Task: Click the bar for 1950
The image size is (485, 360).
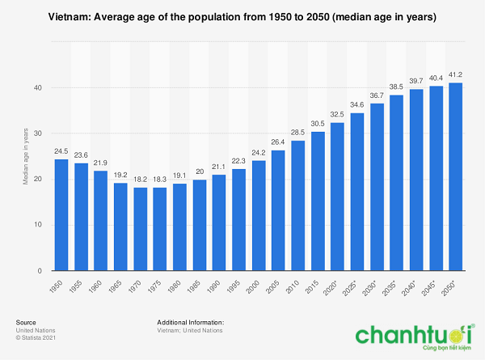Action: tap(61, 215)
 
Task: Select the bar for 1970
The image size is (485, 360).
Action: tap(141, 229)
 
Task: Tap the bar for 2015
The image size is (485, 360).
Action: tap(318, 201)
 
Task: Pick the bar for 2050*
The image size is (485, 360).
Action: tap(456, 176)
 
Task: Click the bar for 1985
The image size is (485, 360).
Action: tap(200, 225)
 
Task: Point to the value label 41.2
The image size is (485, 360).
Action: tap(455, 74)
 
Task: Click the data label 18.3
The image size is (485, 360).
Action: tap(160, 180)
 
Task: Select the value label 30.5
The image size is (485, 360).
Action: tap(318, 124)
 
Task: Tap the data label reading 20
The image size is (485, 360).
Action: tap(200, 172)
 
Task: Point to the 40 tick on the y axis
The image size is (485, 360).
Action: tap(38, 88)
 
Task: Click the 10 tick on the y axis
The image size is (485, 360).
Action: tap(38, 225)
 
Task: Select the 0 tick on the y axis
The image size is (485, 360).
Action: tap(40, 271)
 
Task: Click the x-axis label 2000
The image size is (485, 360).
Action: tap(253, 286)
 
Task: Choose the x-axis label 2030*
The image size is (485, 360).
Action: tap(369, 287)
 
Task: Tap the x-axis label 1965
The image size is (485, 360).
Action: tap(116, 286)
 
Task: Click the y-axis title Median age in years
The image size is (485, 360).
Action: tap(26, 157)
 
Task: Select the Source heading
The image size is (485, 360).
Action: tap(26, 323)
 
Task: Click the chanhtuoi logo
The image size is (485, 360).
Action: tap(415, 337)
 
